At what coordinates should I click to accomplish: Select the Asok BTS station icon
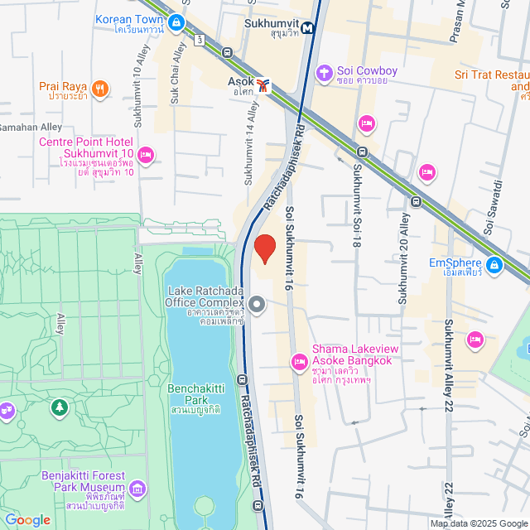(263, 84)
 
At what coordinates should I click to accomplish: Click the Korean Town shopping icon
(176, 24)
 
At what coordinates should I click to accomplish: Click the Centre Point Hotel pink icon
(147, 154)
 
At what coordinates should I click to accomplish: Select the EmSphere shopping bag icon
(494, 265)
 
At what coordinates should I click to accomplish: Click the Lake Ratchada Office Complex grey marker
(257, 305)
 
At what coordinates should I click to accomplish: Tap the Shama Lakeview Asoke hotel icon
(299, 361)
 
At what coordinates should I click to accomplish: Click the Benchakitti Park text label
(193, 393)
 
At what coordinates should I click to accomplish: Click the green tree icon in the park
(59, 407)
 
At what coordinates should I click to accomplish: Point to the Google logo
(26, 519)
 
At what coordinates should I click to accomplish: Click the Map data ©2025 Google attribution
(478, 523)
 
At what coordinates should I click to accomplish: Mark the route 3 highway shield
(200, 39)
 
